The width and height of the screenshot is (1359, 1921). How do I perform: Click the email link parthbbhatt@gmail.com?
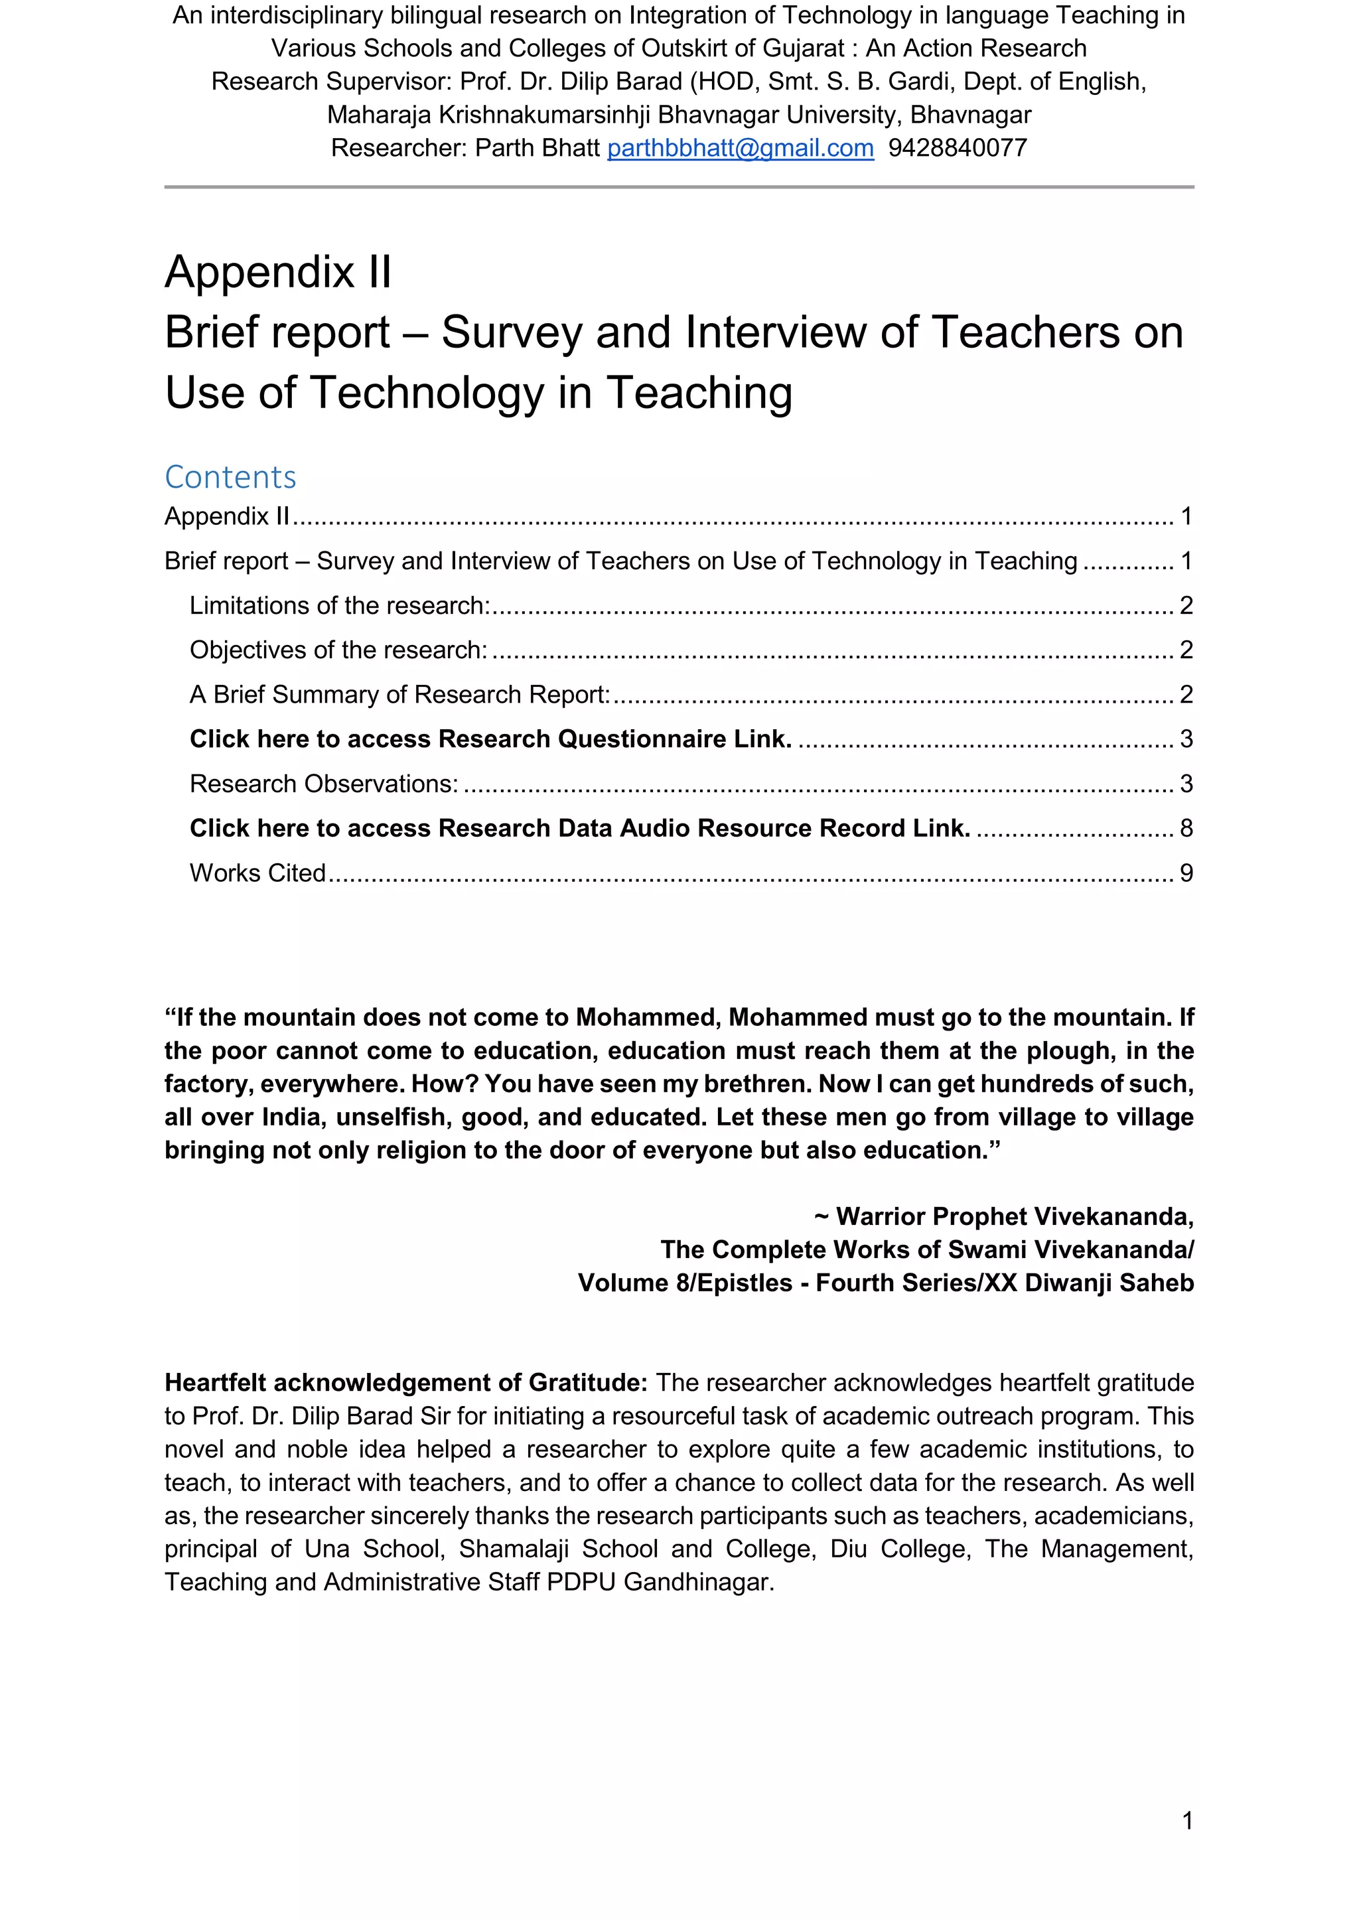click(740, 148)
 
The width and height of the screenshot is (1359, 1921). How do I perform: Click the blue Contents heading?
click(230, 477)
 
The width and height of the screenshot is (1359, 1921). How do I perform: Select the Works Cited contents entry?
click(257, 873)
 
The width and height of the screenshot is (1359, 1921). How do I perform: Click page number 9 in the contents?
click(1186, 873)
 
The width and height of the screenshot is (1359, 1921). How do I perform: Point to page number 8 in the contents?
click(1186, 828)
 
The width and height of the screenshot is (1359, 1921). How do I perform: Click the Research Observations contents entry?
click(324, 784)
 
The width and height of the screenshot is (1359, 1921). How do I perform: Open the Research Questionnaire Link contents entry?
click(490, 739)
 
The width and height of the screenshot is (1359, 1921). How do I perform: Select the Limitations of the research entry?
click(339, 606)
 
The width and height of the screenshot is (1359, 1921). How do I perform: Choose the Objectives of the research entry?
click(338, 650)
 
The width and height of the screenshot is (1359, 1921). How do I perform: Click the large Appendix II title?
click(278, 272)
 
